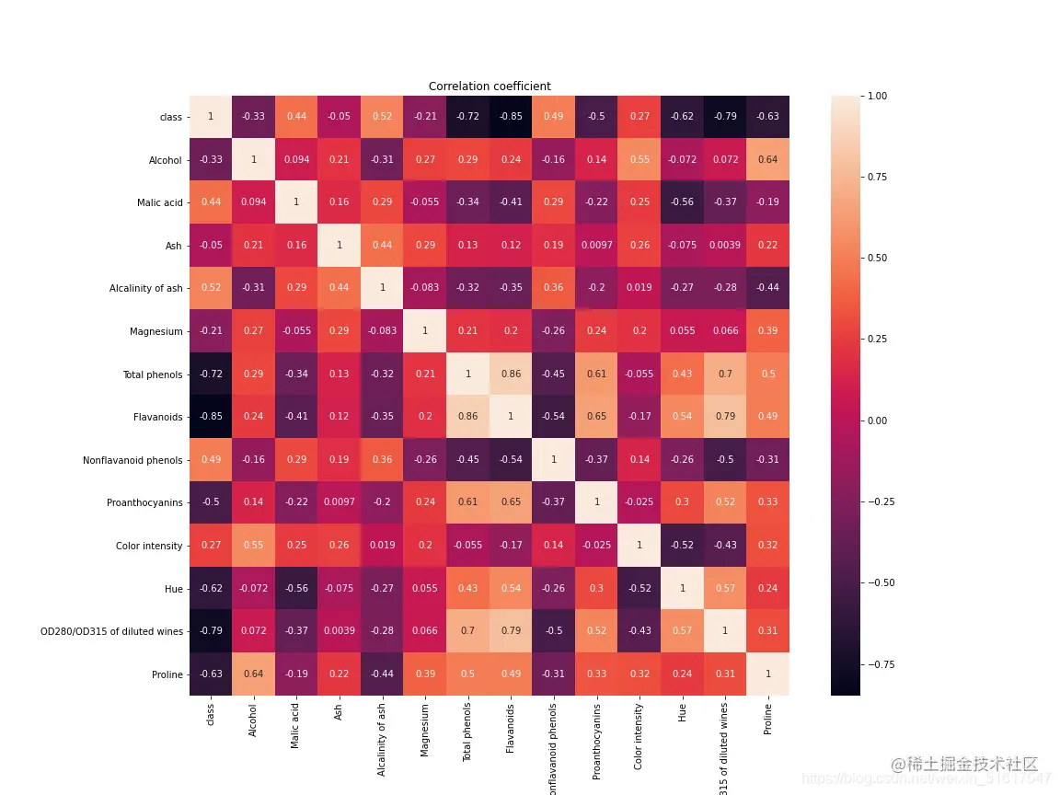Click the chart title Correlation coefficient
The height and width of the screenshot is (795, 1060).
[490, 86]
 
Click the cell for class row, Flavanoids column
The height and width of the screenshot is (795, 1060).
[511, 117]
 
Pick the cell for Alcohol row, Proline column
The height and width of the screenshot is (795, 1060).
[767, 160]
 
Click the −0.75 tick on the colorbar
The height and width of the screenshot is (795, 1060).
[881, 664]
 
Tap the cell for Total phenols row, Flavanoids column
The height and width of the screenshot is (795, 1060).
[511, 374]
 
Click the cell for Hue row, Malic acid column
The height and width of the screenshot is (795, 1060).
[296, 588]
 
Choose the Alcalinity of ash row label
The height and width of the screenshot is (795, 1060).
[145, 288]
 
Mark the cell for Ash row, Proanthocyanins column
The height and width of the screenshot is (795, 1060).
[596, 246]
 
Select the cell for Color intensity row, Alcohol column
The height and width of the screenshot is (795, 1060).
[254, 546]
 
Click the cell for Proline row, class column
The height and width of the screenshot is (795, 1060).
[211, 674]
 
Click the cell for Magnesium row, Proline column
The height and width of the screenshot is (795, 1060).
[767, 331]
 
